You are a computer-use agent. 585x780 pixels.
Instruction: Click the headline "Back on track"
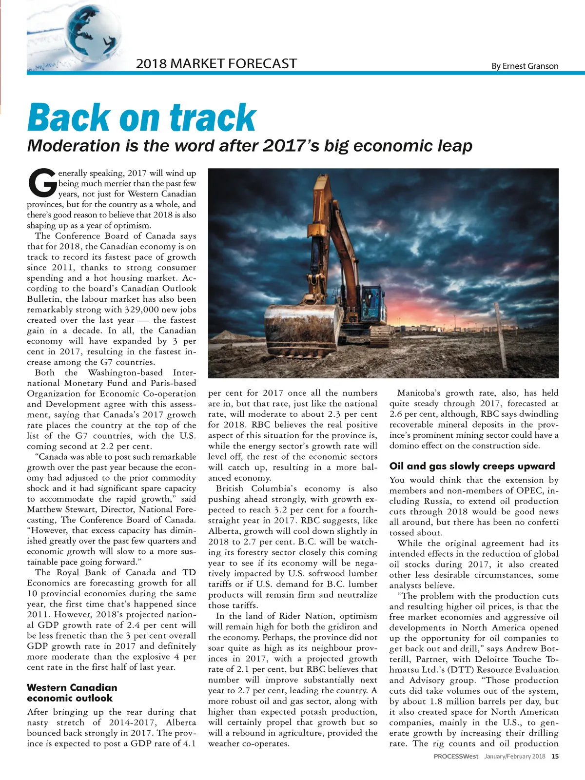click(141, 117)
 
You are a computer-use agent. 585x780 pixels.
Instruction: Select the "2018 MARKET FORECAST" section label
click(216, 63)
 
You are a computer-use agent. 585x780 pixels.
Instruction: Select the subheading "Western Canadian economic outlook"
click(72, 693)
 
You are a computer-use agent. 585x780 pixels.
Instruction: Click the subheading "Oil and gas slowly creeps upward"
click(472, 466)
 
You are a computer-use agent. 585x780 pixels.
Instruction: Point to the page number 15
click(555, 757)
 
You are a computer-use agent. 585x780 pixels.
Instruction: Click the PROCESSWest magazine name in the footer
click(456, 757)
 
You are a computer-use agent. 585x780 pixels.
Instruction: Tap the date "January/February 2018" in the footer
click(514, 757)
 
